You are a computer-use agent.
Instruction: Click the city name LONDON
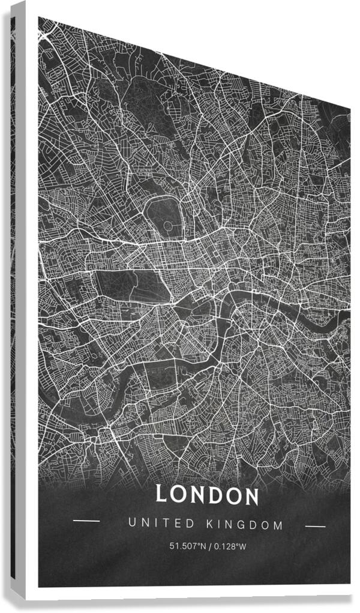pyautogui.click(x=207, y=495)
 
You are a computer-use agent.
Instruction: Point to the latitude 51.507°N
pyautogui.click(x=189, y=546)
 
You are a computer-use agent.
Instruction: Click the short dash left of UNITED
pyautogui.click(x=86, y=521)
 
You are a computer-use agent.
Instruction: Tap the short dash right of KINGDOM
pyautogui.click(x=315, y=527)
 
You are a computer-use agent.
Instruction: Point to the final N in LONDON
pyautogui.click(x=251, y=497)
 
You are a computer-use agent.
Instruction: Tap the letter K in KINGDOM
pyautogui.click(x=210, y=525)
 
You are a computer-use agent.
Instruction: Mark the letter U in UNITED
pyautogui.click(x=133, y=524)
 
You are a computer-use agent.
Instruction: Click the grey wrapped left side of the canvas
pyautogui.click(x=18, y=300)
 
